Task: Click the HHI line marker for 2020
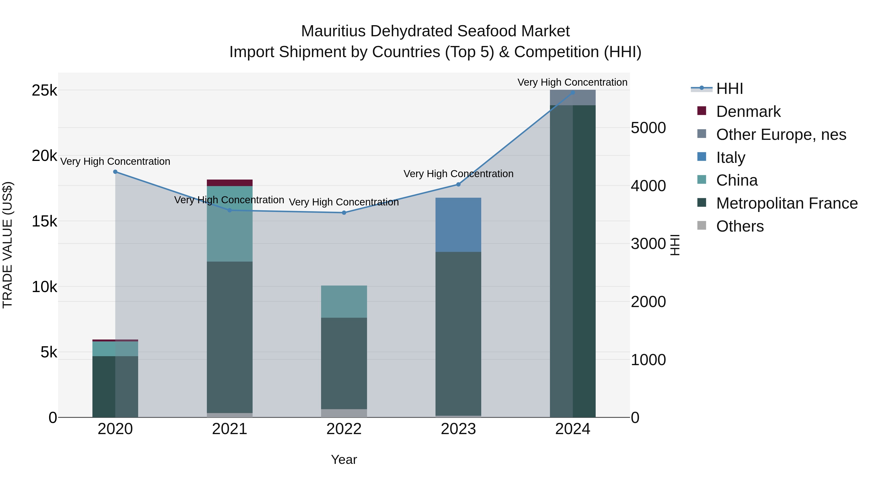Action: pos(115,172)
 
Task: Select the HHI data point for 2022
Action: pos(344,213)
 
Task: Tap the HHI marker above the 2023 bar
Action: pos(458,184)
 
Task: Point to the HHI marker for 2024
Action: pos(573,92)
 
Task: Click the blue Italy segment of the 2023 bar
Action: pos(458,225)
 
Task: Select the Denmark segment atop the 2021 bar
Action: pos(230,183)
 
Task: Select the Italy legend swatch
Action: pos(702,157)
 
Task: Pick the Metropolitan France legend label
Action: pos(787,203)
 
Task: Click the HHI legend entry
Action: pos(729,89)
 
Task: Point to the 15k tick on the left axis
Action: pos(44,221)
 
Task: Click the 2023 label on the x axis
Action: pos(458,429)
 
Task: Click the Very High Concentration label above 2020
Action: pos(115,162)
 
